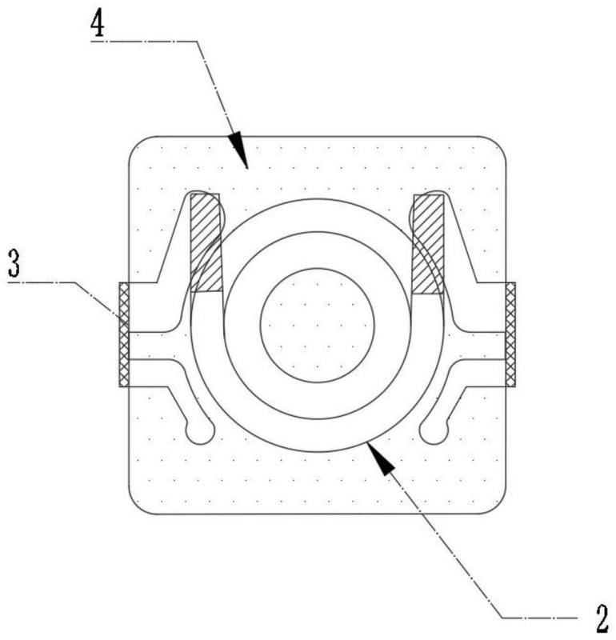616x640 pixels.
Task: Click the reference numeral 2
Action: pyautogui.click(x=602, y=618)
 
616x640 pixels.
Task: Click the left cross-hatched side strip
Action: pyautogui.click(x=124, y=334)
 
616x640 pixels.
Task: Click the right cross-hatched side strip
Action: pyautogui.click(x=510, y=334)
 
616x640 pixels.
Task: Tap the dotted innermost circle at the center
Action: pyautogui.click(x=317, y=324)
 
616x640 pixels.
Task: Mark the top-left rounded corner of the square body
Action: pyautogui.click(x=139, y=146)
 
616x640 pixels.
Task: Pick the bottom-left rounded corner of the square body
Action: pyautogui.click(x=139, y=504)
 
